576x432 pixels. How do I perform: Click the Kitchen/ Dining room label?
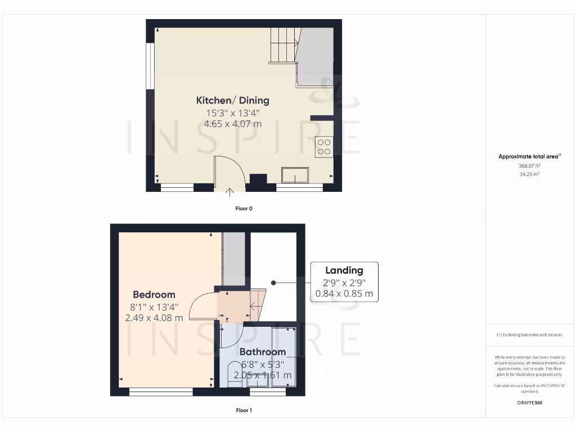pyautogui.click(x=232, y=101)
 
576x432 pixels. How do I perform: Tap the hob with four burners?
pyautogui.click(x=324, y=146)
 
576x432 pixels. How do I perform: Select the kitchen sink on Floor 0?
pyautogui.click(x=295, y=175)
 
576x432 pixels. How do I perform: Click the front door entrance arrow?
pyautogui.click(x=230, y=193)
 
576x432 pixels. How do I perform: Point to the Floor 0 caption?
pyautogui.click(x=244, y=209)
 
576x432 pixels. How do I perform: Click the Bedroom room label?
pyautogui.click(x=154, y=294)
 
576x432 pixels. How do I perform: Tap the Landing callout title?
pyautogui.click(x=344, y=271)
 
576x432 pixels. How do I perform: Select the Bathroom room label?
pyautogui.click(x=262, y=352)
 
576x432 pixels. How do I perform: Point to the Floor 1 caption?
pyautogui.click(x=244, y=411)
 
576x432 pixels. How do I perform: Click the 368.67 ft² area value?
pyautogui.click(x=529, y=166)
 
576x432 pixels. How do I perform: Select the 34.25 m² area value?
pyautogui.click(x=529, y=174)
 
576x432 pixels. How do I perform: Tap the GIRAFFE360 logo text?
pyautogui.click(x=529, y=403)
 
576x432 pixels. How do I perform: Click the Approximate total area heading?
pyautogui.click(x=529, y=157)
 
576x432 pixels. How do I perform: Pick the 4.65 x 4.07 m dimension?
pyautogui.click(x=232, y=124)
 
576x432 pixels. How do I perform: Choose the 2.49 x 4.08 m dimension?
pyautogui.click(x=154, y=318)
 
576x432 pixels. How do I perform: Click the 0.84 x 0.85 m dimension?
pyautogui.click(x=344, y=293)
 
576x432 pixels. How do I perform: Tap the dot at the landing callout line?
pyautogui.click(x=273, y=282)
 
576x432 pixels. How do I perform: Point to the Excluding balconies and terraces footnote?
pyautogui.click(x=529, y=335)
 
